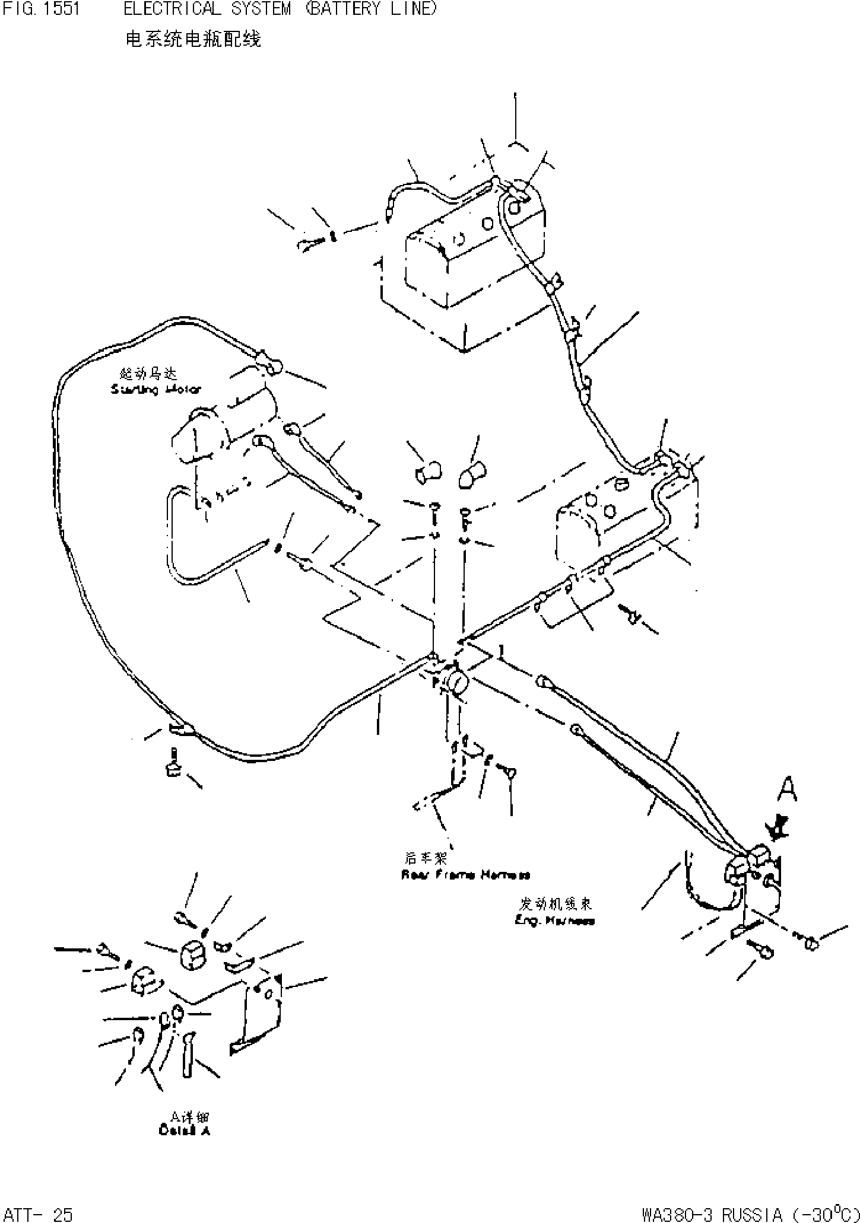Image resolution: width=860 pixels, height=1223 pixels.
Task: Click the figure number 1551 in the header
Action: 61,9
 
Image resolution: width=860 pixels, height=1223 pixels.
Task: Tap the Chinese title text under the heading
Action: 193,39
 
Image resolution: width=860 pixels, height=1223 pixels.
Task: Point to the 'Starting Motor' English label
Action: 156,390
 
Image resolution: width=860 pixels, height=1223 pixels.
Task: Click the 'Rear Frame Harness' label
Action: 465,874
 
